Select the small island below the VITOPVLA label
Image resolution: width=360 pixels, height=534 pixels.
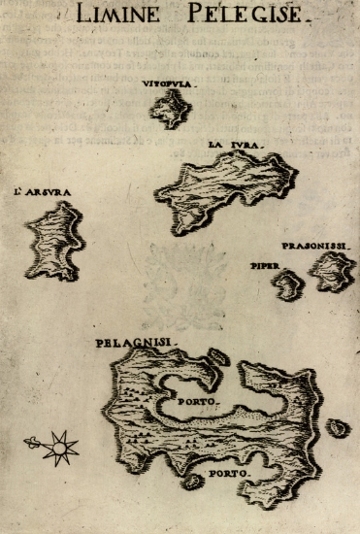(x=170, y=110)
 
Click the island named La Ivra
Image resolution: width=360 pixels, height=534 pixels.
(x=228, y=189)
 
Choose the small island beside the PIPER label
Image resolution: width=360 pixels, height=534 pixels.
(x=288, y=284)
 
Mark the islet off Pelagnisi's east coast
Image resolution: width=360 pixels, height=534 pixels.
(x=338, y=427)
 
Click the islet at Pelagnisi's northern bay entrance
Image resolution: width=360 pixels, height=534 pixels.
(x=219, y=356)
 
